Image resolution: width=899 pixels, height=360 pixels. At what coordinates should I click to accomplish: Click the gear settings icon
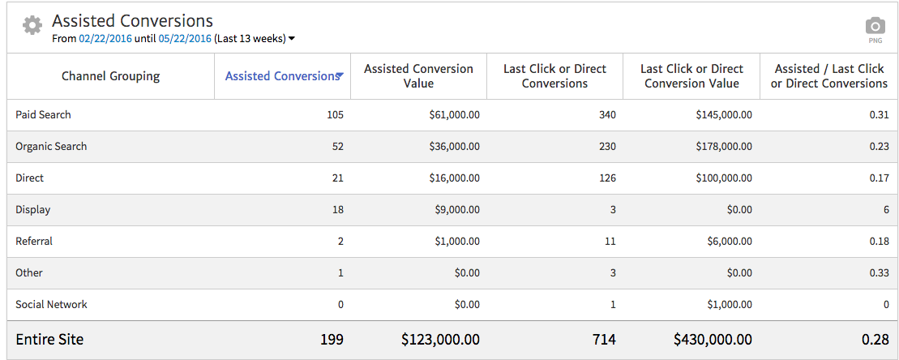tap(32, 25)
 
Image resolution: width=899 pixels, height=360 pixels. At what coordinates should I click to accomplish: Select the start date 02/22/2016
tap(105, 38)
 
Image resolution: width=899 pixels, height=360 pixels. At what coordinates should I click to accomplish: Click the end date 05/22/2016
tap(185, 38)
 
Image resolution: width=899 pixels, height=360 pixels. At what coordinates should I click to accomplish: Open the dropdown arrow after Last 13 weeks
tap(292, 38)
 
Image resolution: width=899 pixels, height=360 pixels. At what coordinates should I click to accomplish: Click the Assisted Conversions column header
tap(281, 76)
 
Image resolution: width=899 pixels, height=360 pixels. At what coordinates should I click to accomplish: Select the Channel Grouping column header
tap(110, 76)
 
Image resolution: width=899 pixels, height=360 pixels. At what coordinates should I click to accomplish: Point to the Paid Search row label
tap(43, 115)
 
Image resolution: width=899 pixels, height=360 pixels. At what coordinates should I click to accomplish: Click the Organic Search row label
tap(51, 147)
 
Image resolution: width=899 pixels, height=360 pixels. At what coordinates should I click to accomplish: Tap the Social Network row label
tap(51, 305)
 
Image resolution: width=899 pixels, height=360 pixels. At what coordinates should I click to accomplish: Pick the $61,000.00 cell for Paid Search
tap(454, 115)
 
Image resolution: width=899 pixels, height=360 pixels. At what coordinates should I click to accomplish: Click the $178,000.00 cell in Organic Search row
tap(723, 147)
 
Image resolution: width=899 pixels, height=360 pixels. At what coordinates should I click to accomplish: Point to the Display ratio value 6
tap(886, 210)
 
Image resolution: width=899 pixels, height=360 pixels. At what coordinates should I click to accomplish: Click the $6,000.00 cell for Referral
tap(729, 242)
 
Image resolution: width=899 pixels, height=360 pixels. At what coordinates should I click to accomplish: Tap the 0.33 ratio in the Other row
tap(879, 273)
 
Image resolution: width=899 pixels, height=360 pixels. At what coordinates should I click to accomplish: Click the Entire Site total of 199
tap(332, 339)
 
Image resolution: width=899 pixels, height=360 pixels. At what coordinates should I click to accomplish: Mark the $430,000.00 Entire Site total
tap(713, 339)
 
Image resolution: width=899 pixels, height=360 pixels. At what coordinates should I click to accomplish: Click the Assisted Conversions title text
tap(132, 21)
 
